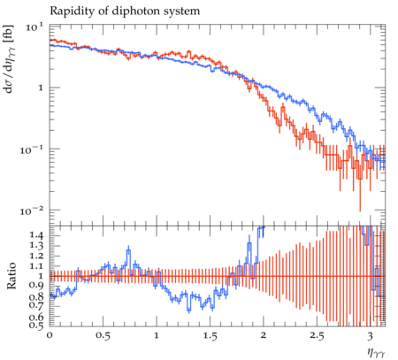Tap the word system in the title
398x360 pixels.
coord(182,11)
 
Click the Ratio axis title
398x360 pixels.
coord(11,276)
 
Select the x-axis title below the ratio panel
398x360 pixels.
coord(376,352)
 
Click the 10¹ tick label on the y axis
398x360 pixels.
coord(34,27)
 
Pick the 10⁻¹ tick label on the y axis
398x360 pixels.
coord(31,150)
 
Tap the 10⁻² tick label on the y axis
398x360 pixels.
coord(31,211)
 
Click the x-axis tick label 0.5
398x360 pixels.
coord(103,336)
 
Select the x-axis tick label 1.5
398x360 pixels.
coord(210,336)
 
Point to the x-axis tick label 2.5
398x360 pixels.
coord(317,336)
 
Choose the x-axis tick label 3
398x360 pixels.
coord(371,336)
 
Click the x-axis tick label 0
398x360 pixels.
coord(50,336)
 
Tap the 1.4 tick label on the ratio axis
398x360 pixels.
coord(36,235)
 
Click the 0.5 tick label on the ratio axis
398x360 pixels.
coord(36,325)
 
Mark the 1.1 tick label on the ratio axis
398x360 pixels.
coord(36,266)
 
